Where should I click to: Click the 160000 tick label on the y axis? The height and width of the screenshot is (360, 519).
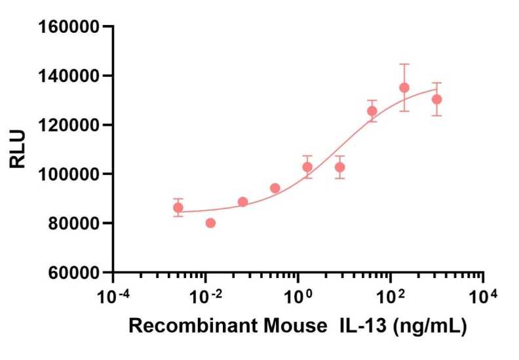(68, 27)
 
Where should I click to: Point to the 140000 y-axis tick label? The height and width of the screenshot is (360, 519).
(68, 76)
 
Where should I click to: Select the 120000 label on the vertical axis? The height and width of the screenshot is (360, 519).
(68, 125)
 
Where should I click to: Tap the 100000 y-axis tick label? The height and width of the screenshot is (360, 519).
(68, 174)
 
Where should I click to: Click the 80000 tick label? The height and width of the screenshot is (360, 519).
(73, 224)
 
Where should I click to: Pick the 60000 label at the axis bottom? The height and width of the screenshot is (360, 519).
(73, 272)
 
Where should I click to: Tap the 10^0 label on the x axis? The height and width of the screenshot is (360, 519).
(298, 296)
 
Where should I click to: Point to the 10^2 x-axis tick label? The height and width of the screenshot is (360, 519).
(391, 296)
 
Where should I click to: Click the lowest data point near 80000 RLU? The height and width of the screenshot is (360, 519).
(210, 223)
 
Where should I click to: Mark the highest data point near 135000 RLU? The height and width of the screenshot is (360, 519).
(404, 88)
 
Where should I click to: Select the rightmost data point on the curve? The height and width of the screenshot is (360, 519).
(437, 99)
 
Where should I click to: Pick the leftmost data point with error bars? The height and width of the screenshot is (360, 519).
(178, 207)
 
